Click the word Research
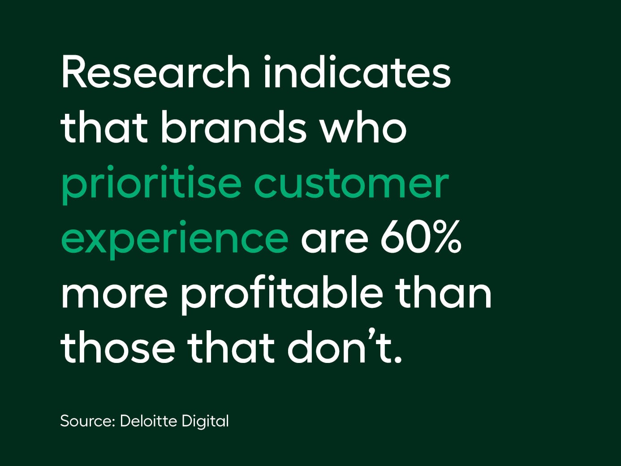(x=155, y=73)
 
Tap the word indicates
(x=357, y=73)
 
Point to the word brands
(x=233, y=128)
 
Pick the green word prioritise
(x=151, y=184)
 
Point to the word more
(x=114, y=294)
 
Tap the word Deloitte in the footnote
(x=147, y=421)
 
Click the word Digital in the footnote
(x=205, y=422)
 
